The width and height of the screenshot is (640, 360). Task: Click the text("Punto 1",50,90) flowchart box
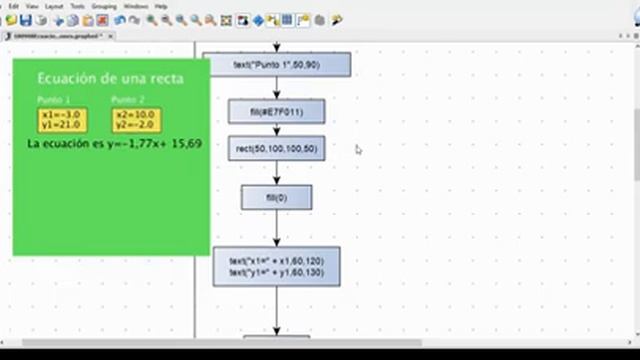(x=276, y=65)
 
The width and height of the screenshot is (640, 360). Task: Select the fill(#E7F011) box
(x=276, y=111)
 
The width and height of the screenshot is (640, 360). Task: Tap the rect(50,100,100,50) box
(x=276, y=149)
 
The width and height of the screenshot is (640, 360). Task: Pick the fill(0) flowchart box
(x=276, y=197)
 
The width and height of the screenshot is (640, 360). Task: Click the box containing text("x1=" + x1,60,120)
(x=276, y=267)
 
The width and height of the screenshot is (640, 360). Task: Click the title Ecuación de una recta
(x=110, y=78)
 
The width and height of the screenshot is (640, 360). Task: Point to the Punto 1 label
(x=54, y=100)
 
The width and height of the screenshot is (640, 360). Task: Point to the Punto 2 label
(x=128, y=100)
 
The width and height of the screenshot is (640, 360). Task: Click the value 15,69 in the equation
(x=187, y=144)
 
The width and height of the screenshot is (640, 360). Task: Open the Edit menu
(x=14, y=6)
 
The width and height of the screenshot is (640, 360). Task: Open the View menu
(x=33, y=6)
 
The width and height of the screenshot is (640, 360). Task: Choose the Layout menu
(x=54, y=6)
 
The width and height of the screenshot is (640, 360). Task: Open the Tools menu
(x=77, y=6)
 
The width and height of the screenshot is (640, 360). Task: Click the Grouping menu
(x=104, y=6)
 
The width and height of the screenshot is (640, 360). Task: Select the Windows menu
(x=136, y=6)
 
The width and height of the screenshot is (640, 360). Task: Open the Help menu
(x=161, y=6)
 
